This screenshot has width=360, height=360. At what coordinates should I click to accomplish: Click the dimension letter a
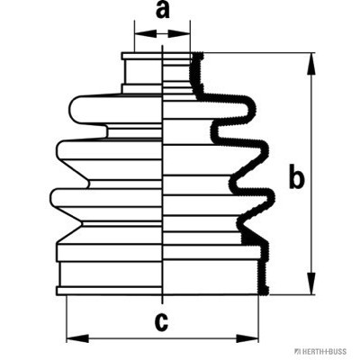tap(163, 11)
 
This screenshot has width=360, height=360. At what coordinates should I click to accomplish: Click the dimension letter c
tap(161, 321)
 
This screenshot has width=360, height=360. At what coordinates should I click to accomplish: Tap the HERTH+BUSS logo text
tap(323, 351)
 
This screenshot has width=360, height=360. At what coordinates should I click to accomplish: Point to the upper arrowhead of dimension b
tap(312, 64)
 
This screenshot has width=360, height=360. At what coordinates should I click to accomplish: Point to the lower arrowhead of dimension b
tap(312, 283)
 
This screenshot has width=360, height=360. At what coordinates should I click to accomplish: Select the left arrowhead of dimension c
tap(77, 338)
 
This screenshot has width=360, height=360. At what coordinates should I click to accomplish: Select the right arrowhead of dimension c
tap(247, 338)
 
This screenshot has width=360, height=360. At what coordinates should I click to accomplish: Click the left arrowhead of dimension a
tap(146, 33)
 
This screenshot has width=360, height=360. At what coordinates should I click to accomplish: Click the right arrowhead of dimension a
tap(179, 33)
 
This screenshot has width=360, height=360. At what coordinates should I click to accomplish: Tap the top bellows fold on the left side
tap(115, 109)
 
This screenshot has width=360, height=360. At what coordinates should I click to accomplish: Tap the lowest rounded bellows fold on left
tap(106, 198)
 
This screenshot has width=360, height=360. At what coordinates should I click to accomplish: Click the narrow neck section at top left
tap(143, 72)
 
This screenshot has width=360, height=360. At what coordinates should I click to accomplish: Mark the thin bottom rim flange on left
tap(109, 291)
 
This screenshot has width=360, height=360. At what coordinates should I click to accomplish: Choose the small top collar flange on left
tap(141, 56)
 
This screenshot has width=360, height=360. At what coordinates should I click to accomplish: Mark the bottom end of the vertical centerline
tap(162, 303)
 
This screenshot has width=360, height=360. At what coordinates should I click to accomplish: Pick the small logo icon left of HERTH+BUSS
tap(297, 351)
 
